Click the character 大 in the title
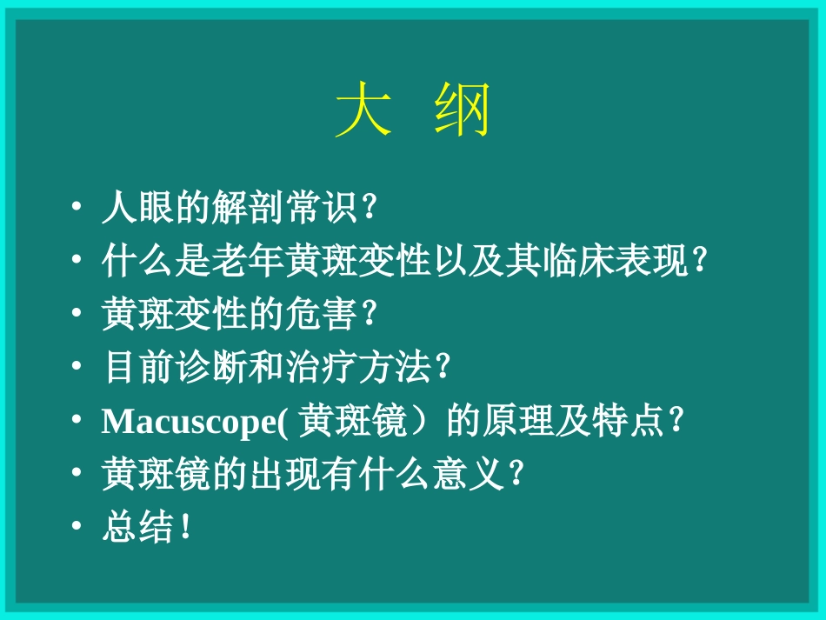click(363, 111)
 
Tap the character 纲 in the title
click(463, 111)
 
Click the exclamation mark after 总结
click(183, 529)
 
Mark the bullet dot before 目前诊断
click(77, 368)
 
